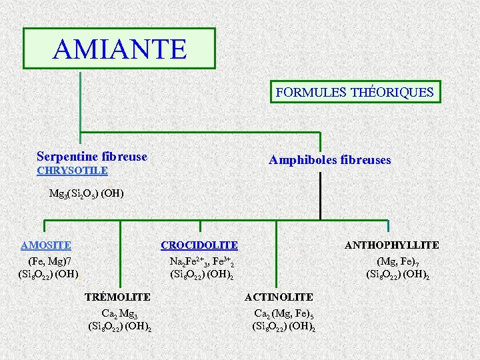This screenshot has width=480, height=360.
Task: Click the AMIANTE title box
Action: pos(119,48)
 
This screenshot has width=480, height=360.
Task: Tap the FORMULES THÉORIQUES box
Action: pos(355,92)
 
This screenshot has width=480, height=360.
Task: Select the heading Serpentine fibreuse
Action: pos(92,157)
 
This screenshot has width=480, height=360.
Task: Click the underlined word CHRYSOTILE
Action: pos(72,171)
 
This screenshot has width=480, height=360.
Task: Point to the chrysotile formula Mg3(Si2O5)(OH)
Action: pos(87,194)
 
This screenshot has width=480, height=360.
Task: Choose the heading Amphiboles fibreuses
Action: pos(329,160)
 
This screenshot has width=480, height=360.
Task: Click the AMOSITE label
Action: pos(46,245)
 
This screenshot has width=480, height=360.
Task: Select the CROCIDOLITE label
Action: pos(199,245)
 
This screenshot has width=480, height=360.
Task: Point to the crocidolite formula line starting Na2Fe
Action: pos(201,261)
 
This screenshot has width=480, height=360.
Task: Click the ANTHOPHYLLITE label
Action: pos(391,245)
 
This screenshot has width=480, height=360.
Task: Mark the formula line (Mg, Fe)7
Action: pos(397,261)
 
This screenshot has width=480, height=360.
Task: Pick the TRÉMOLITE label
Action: pos(117,297)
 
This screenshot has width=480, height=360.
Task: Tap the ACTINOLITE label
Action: pos(279,297)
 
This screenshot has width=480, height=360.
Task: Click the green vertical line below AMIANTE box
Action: pos(81,107)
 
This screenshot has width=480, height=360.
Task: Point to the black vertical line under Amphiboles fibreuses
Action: pos(321,193)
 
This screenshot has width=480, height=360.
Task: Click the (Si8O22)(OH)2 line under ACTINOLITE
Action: pos(283,326)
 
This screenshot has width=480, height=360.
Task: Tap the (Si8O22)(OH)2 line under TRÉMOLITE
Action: pos(119,326)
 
